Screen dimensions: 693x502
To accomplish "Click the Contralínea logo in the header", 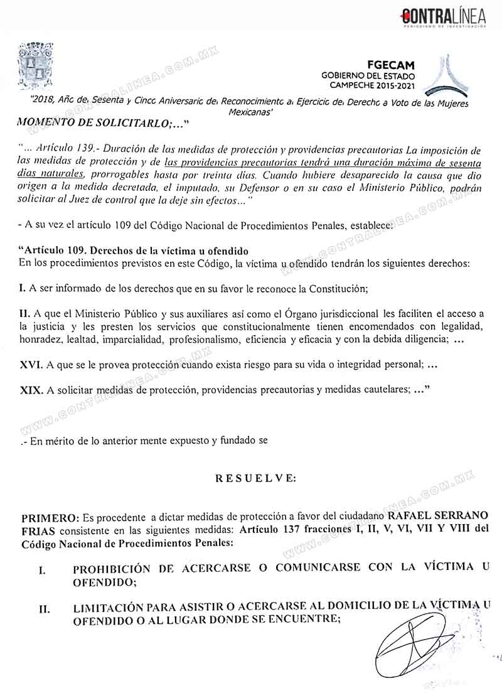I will coord(443,18).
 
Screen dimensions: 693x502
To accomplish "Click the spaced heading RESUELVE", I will coord(255,478).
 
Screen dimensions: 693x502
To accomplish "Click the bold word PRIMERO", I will coord(50,518).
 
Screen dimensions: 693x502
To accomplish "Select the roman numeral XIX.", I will coord(31,390).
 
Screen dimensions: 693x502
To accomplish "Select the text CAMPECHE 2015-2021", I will coord(383,85).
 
